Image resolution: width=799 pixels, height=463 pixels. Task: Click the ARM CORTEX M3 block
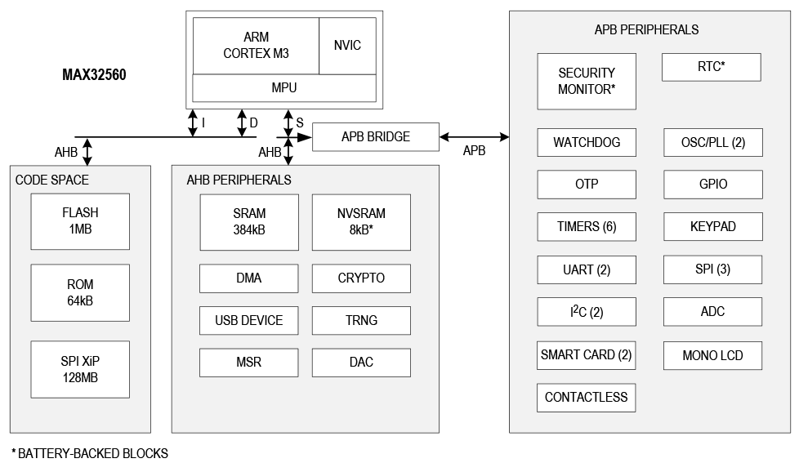(x=256, y=46)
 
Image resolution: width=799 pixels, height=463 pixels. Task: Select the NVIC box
(x=347, y=46)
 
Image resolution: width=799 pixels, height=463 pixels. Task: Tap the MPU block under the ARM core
(x=283, y=87)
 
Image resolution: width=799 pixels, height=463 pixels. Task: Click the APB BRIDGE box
(x=376, y=137)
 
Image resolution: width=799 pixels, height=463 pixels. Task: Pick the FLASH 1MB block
(x=80, y=221)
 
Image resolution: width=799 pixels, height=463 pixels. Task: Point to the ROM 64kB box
(x=80, y=292)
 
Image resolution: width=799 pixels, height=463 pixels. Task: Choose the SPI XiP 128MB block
(x=80, y=369)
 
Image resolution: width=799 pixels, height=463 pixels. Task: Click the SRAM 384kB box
(x=249, y=222)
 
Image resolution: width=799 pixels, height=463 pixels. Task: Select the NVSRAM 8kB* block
(x=361, y=222)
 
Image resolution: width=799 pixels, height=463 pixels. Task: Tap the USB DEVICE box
(x=249, y=320)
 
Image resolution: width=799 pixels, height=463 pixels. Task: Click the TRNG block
(x=361, y=320)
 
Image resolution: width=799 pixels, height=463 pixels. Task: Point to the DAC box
(x=361, y=363)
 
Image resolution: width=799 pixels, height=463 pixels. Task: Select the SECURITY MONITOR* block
(x=587, y=82)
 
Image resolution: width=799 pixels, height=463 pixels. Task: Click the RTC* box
(x=711, y=67)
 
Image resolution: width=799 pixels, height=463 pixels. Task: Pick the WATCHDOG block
(x=587, y=142)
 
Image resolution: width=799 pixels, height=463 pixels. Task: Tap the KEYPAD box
(x=713, y=227)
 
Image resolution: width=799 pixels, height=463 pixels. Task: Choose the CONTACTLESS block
(x=587, y=398)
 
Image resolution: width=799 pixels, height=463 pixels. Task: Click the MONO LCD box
(x=712, y=356)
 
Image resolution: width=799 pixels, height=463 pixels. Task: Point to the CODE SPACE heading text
(x=52, y=180)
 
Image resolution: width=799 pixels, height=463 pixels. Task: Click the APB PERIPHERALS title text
(x=646, y=29)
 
